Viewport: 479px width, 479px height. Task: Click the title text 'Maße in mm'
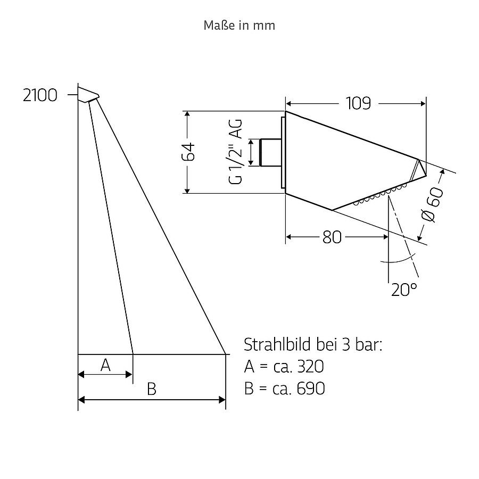(x=239, y=26)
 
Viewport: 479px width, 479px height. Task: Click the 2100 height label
(x=40, y=95)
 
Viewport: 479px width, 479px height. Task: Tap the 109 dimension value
(x=358, y=103)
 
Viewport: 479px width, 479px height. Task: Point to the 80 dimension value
(x=332, y=237)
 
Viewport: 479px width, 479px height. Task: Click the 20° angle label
(x=404, y=290)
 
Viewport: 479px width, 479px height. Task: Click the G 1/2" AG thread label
(x=235, y=152)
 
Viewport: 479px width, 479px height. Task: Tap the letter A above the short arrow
(x=105, y=365)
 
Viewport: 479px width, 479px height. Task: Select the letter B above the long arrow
(x=152, y=389)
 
